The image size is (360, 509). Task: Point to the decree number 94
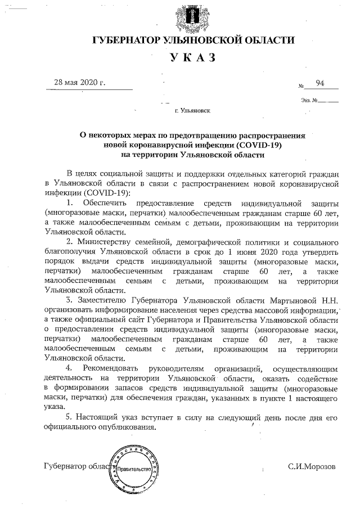pyautogui.click(x=320, y=83)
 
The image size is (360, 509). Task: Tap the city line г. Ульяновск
pyautogui.click(x=192, y=111)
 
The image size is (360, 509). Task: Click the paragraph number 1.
pyautogui.click(x=69, y=202)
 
